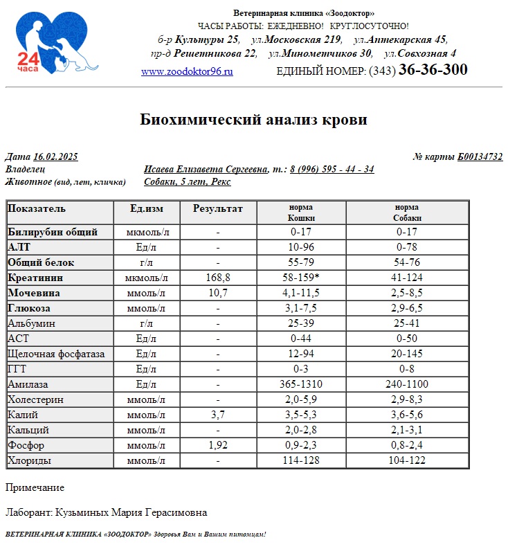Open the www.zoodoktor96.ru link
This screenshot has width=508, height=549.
tap(187, 71)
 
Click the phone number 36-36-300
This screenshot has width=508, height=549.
tap(433, 70)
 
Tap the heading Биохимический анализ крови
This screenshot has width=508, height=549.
tap(253, 120)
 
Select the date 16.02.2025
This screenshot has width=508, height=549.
tap(55, 157)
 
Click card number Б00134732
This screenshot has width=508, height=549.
tap(480, 157)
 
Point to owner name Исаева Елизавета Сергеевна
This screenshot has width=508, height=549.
tap(206, 170)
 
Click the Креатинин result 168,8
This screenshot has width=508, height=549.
tap(218, 278)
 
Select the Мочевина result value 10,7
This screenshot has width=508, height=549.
tap(218, 293)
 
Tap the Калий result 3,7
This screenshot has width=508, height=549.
tap(218, 415)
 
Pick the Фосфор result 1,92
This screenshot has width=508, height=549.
tap(218, 445)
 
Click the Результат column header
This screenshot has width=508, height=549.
tap(218, 208)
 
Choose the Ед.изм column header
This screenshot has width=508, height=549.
tap(147, 208)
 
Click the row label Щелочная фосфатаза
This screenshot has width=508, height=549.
tap(56, 354)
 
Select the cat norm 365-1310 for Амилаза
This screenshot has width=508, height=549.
tap(301, 384)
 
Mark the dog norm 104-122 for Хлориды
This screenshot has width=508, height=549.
tap(407, 460)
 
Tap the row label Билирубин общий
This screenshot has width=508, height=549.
tap(53, 232)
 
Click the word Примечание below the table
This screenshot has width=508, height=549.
tap(35, 488)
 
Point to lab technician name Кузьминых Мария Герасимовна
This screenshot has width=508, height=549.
tap(131, 513)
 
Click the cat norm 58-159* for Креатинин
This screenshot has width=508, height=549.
tap(302, 278)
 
